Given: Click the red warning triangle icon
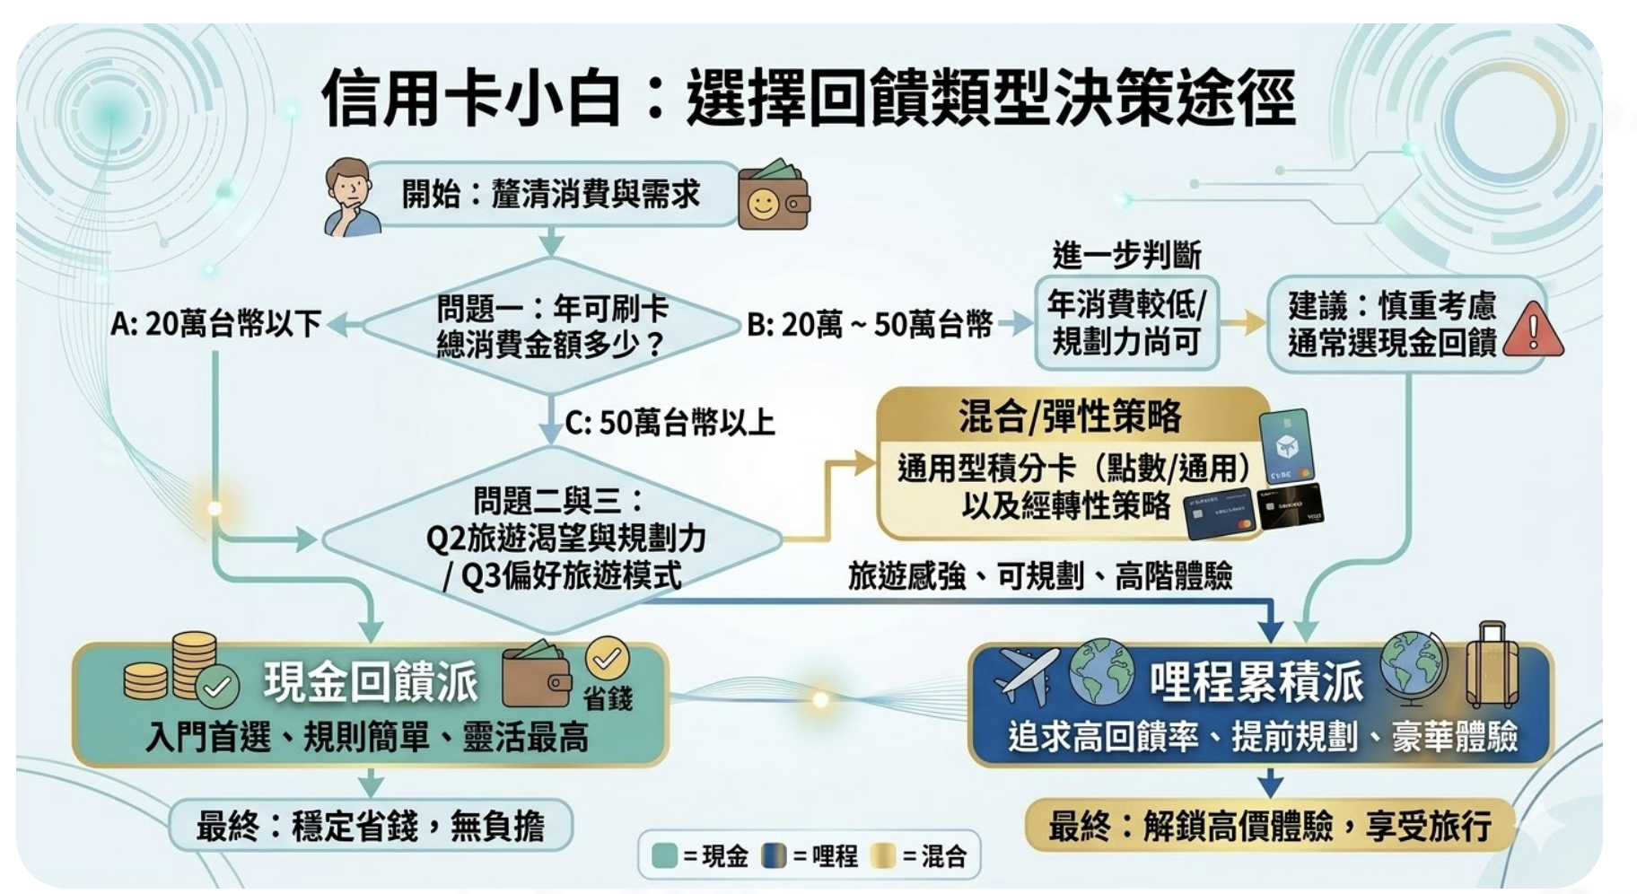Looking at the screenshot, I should coord(1532,330).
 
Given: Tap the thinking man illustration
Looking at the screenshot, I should coord(350,197).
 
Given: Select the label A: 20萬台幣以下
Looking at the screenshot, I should coord(215,324).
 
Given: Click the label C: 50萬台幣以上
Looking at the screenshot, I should coord(670,422).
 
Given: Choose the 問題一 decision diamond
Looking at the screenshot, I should coord(551,325).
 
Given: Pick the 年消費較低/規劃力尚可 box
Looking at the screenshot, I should coord(1126,323).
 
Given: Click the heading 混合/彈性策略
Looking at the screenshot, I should coord(1070,416).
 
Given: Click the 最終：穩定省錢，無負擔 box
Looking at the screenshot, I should coord(370,825).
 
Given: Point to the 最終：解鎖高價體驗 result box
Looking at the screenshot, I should coord(1269,825).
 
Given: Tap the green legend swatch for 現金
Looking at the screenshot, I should coord(664,856).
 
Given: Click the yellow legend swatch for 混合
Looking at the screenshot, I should coord(883,856).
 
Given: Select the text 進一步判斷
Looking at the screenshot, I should coord(1126,256).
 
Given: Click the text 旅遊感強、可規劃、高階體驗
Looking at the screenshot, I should coord(1040,575).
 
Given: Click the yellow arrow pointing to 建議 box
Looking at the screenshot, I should coord(1243,323).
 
